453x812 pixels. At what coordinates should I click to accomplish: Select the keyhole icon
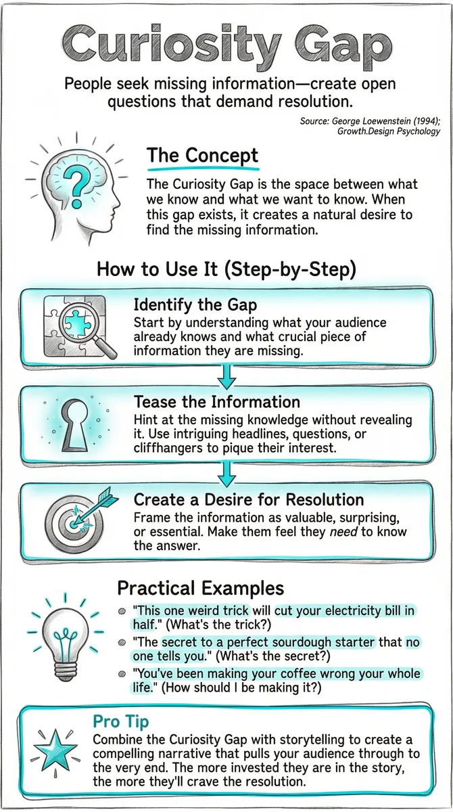(75, 425)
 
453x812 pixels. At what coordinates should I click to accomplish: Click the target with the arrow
(78, 521)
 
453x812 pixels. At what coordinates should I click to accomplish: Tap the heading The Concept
(202, 156)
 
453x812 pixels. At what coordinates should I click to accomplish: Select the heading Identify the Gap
(195, 305)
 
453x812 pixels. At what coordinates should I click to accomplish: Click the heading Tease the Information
(217, 402)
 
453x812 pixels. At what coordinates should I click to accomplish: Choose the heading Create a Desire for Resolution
(249, 500)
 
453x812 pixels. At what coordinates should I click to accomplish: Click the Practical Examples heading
(201, 587)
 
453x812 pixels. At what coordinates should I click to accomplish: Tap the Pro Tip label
(121, 721)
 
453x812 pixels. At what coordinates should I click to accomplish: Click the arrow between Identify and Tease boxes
(227, 377)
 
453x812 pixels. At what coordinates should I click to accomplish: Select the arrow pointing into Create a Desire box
(227, 474)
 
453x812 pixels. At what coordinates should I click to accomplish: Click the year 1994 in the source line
(424, 121)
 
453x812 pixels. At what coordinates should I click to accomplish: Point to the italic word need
(343, 531)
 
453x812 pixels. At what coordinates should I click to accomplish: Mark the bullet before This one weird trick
(122, 612)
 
